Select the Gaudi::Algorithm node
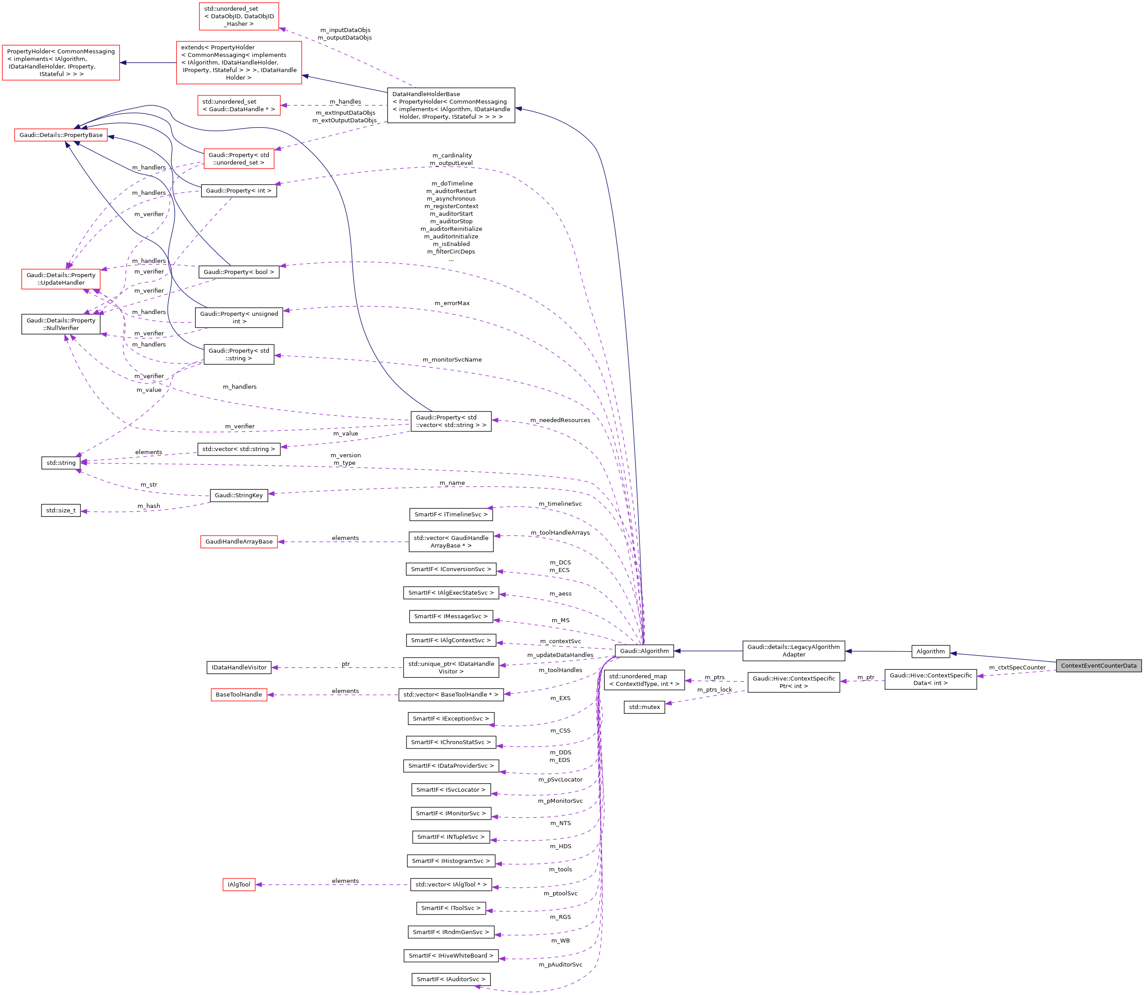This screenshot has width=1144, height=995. coord(644,651)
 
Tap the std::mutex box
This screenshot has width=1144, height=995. coord(644,707)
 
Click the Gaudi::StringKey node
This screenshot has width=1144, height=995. coord(239,495)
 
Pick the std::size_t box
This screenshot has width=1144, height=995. coord(61,510)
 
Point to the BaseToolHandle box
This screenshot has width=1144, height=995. coord(239,695)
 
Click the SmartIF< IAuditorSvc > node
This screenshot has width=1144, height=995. coord(451,979)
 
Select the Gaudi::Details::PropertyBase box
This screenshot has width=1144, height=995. coord(61,135)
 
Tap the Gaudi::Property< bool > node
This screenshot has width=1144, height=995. coord(239,272)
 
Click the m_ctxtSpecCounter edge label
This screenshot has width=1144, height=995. coord(1017,667)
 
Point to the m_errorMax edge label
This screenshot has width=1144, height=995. coord(452,303)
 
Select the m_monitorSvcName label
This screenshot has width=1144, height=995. coord(452,360)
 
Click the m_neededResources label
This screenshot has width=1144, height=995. coord(560,420)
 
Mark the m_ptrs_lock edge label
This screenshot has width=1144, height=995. coord(714,689)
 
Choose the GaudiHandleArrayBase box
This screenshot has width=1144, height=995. coord(239,541)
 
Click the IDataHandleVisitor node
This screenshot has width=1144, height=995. coord(239,667)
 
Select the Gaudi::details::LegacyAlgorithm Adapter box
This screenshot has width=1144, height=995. coord(793,651)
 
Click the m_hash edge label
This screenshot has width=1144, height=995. coord(149,506)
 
